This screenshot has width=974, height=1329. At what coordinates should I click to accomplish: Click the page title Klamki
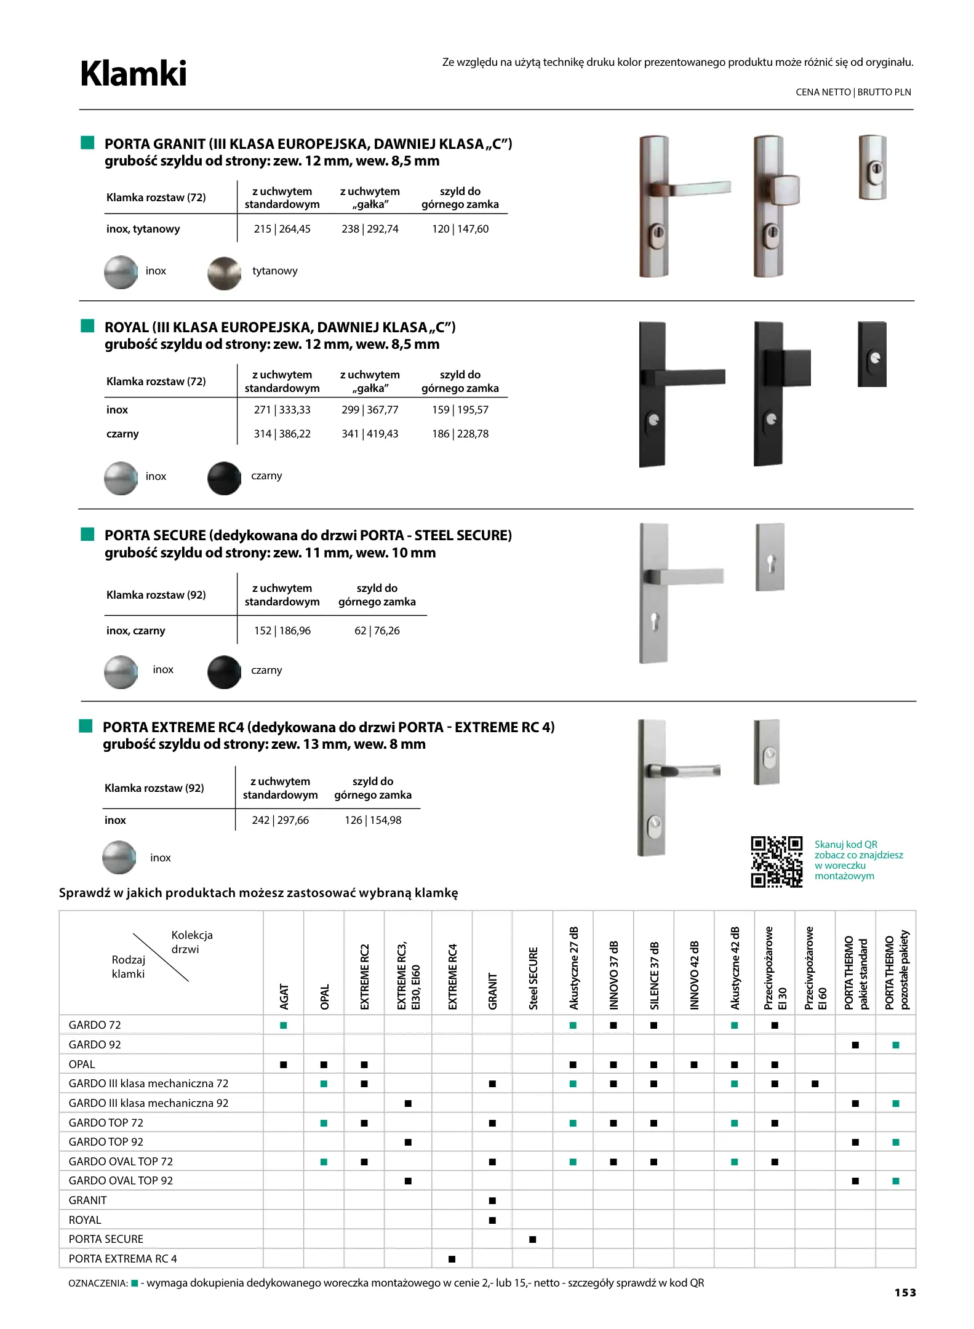coord(134,74)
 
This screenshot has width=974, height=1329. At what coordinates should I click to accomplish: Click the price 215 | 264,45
coord(282,229)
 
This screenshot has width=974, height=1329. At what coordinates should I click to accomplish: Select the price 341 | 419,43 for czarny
coord(370,434)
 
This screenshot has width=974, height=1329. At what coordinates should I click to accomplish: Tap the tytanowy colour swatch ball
coord(224,273)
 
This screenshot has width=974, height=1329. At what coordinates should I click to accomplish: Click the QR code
coord(776,861)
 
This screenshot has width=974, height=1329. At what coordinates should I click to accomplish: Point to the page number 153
coord(905,1293)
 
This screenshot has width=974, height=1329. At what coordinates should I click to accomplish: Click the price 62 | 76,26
coord(377,631)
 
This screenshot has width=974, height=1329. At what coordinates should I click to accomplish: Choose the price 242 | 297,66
coord(280,820)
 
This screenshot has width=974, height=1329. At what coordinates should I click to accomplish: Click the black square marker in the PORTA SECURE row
coord(533,1239)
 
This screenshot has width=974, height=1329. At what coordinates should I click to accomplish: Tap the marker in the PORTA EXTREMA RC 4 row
coord(452,1259)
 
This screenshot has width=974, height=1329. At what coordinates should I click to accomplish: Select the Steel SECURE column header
coord(533,978)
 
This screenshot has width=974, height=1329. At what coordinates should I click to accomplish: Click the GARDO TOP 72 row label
coord(106,1123)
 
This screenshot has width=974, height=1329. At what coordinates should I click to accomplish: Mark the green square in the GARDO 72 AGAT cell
coord(284,1025)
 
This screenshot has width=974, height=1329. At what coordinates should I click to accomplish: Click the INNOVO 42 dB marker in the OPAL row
coord(694,1064)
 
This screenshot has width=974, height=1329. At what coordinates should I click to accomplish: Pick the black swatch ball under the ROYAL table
coord(224,478)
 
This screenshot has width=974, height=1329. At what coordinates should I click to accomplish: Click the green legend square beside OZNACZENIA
coord(135,1283)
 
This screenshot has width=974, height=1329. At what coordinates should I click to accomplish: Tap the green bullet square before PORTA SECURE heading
coord(87,534)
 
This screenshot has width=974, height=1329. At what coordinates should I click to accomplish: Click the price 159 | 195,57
coord(460,410)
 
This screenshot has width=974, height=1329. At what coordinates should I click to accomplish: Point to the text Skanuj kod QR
coord(845,844)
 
